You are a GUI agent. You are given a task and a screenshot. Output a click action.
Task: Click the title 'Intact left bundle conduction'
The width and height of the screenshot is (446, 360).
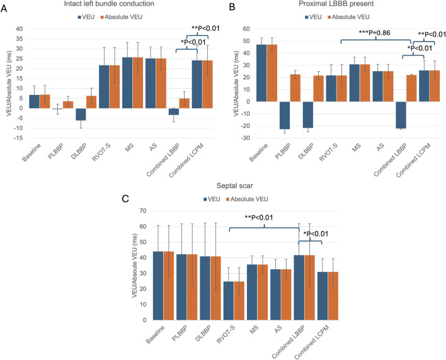[109, 4]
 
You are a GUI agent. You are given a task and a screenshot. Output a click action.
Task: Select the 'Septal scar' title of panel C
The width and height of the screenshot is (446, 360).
[235, 186]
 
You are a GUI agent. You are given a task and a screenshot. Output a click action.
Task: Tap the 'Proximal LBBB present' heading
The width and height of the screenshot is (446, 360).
[336, 4]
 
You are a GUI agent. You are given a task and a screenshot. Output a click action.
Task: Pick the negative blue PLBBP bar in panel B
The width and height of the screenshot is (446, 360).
[285, 115]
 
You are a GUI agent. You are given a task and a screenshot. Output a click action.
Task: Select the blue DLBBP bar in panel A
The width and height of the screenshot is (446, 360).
[81, 114]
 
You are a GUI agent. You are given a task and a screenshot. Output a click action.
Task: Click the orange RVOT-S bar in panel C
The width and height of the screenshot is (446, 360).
[239, 301]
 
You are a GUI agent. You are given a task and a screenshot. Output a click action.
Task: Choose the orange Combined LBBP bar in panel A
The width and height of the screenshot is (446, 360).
[185, 103]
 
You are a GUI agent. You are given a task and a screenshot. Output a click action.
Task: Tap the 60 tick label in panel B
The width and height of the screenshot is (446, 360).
[246, 29]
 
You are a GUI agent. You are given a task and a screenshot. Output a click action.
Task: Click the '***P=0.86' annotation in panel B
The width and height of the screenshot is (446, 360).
[375, 33]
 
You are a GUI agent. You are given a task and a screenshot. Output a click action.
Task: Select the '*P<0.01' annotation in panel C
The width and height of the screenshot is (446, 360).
[316, 234]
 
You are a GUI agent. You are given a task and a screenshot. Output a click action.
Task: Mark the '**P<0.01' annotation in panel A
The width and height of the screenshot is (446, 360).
[205, 28]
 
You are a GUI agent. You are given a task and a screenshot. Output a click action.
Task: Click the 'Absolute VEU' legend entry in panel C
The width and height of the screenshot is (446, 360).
[247, 199]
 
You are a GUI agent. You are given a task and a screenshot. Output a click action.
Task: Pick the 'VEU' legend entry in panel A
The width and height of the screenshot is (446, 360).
[86, 17]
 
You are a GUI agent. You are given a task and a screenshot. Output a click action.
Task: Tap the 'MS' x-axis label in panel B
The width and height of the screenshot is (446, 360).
[357, 147]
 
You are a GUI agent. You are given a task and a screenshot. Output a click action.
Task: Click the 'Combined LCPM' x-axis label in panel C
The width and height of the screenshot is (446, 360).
[312, 342]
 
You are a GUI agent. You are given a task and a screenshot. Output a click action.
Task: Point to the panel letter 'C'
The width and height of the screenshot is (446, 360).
[125, 199]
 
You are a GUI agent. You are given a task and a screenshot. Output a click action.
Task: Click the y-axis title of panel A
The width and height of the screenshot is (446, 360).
[9, 84]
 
